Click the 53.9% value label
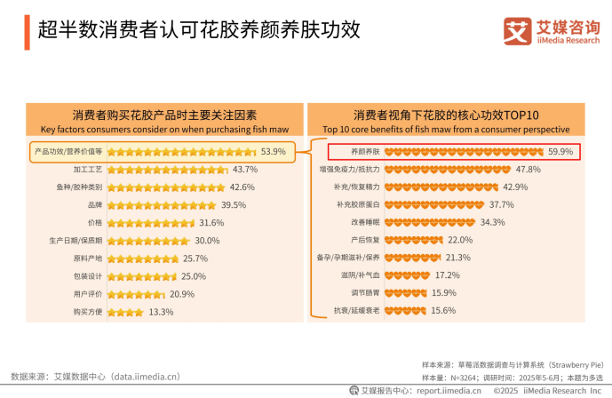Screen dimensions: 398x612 273,152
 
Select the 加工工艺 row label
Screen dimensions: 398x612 89,170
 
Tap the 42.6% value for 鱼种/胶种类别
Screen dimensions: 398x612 242,187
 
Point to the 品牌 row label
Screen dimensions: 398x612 95,205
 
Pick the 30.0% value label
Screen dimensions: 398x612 207,241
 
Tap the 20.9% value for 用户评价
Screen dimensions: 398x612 182,294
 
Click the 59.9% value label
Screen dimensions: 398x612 560,152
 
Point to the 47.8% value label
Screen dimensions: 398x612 529,169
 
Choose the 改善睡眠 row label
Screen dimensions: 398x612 365,222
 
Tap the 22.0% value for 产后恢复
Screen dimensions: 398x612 460,240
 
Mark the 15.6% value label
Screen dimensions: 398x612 443,310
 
